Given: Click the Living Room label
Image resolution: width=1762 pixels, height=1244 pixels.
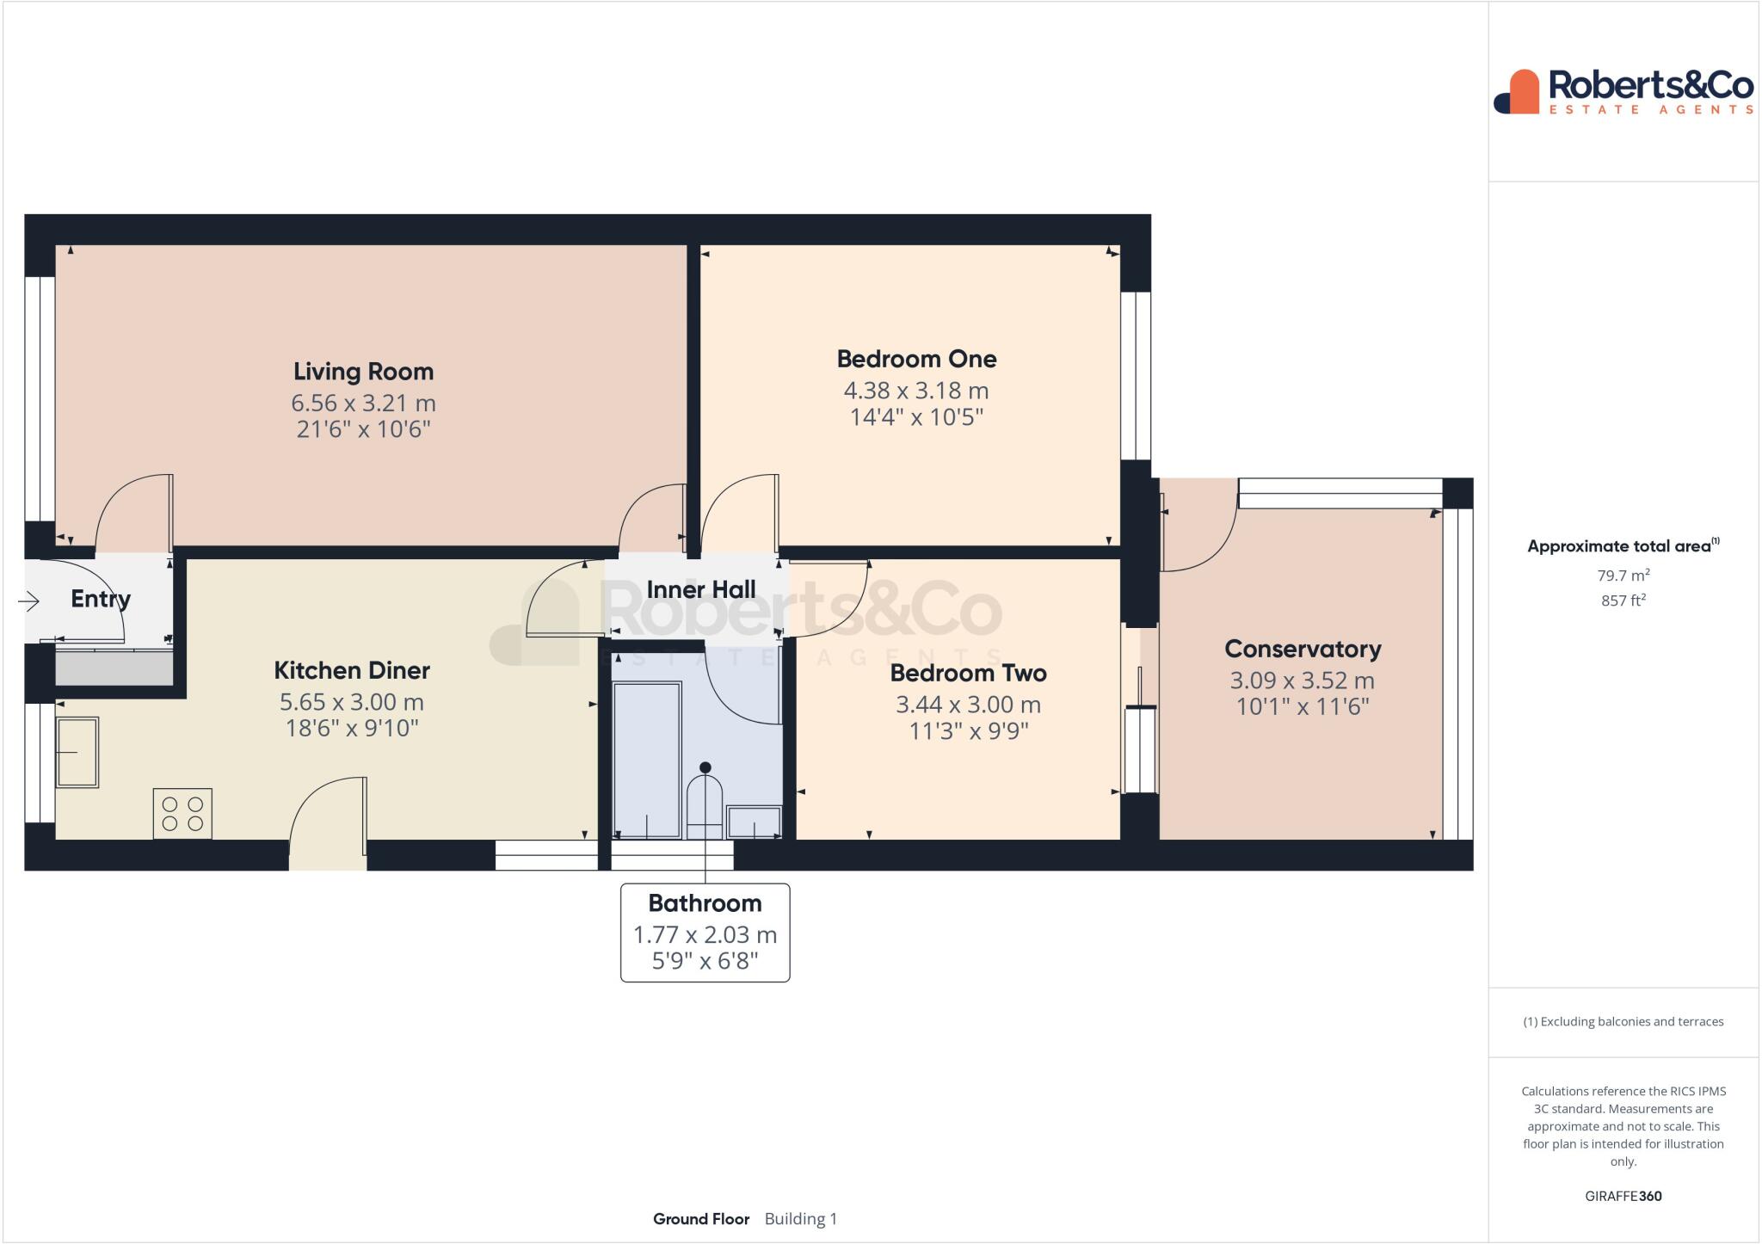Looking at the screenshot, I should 363,372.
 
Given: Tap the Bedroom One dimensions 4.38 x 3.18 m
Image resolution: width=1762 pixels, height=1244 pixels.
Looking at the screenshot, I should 915,391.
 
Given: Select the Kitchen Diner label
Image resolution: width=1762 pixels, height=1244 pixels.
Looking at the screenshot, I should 352,670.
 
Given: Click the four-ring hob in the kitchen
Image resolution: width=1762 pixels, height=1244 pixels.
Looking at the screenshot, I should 182,813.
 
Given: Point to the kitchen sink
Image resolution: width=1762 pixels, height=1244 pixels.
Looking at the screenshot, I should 77,752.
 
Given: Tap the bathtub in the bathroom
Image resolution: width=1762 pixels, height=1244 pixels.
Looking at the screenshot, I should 646,760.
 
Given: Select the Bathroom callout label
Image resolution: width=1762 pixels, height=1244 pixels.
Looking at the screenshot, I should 705,903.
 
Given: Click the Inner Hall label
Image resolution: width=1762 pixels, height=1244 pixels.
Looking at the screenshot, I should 700,590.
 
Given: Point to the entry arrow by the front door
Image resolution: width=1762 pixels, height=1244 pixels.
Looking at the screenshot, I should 29,601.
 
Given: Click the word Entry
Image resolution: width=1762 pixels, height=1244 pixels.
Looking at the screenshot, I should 101,599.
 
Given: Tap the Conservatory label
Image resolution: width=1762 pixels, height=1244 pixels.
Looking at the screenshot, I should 1302,649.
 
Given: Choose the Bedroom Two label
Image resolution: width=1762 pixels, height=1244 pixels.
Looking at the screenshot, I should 968,673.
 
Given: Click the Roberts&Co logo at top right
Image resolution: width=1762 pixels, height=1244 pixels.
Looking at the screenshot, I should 1623,92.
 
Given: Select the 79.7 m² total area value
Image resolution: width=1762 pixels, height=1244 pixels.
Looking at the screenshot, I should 1623,576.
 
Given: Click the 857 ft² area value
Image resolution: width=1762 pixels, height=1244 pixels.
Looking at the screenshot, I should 1623,600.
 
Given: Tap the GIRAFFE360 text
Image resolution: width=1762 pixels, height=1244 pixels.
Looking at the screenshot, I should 1623,1196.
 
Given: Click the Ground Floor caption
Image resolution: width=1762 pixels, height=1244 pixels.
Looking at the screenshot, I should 700,1219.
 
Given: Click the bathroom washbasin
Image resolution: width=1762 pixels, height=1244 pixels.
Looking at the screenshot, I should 754,822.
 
